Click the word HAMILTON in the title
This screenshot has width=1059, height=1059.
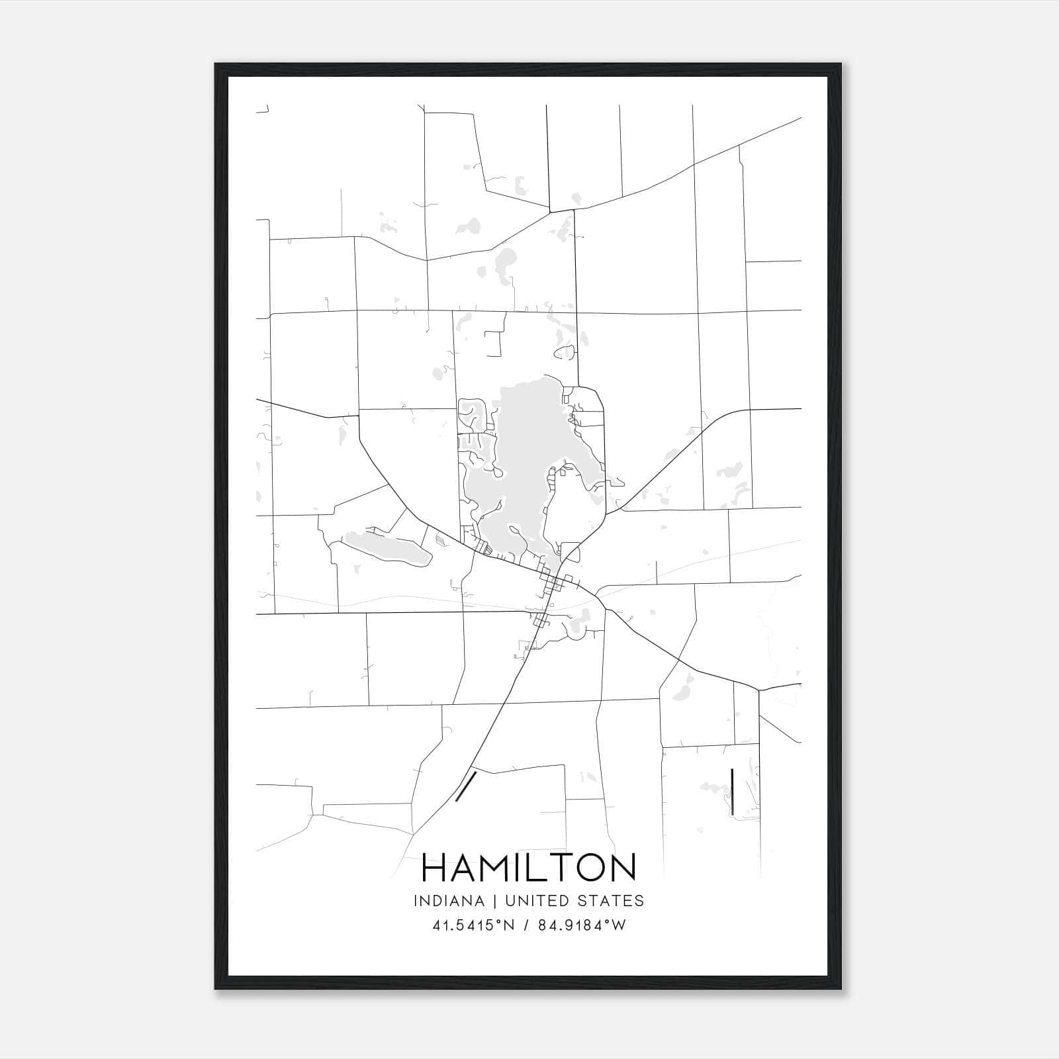529,868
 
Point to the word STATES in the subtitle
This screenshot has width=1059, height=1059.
611,901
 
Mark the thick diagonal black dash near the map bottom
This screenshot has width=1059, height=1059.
467,785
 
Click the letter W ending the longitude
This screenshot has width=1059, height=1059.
618,925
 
